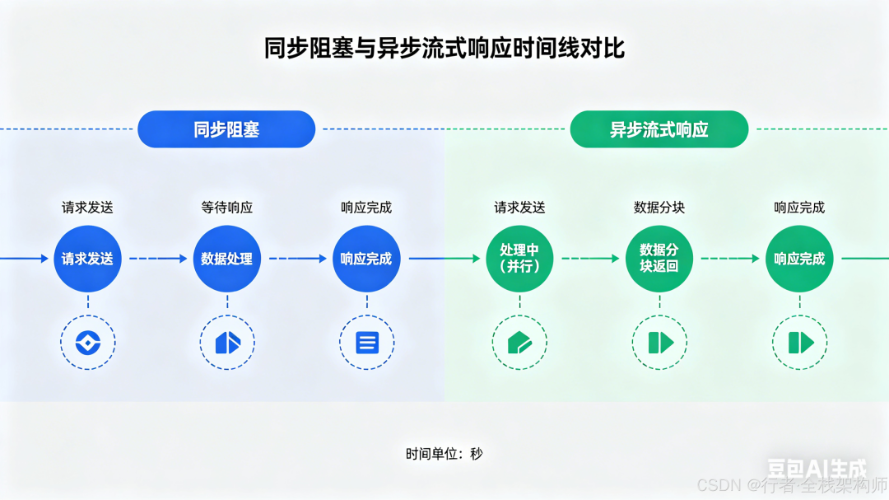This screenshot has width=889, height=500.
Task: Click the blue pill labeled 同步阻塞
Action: pos(226,129)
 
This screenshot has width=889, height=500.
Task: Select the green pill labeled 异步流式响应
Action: pos(659,129)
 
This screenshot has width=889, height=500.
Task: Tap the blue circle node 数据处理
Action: pos(227,259)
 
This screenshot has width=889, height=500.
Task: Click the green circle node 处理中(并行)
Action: pos(519,259)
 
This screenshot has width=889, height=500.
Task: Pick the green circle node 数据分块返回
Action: pos(659,259)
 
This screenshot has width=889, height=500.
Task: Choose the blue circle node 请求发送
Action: pos(87,259)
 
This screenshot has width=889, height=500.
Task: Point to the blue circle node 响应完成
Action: pos(366,259)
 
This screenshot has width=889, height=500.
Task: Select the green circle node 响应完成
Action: pos(799,259)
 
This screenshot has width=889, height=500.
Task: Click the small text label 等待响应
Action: pos(227,208)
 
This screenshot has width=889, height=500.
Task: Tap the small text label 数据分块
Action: pos(659,208)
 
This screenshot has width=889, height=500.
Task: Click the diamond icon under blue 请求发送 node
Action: pos(88,343)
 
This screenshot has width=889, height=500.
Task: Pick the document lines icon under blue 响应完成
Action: pos(367,343)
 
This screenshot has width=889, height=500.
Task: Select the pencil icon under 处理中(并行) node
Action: pos(519,343)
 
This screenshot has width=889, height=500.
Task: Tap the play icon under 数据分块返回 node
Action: pos(660,343)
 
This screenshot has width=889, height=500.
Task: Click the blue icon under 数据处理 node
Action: pos(228,343)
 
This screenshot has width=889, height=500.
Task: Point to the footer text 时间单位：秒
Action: pos(444,454)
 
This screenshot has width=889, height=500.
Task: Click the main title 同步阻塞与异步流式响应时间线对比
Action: pos(444,49)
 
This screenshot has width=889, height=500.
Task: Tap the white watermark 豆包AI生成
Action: pos(817,468)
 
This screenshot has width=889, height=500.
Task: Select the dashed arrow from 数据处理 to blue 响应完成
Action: pos(298,259)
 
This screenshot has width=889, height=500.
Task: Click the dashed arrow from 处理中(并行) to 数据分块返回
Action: pos(590,259)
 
